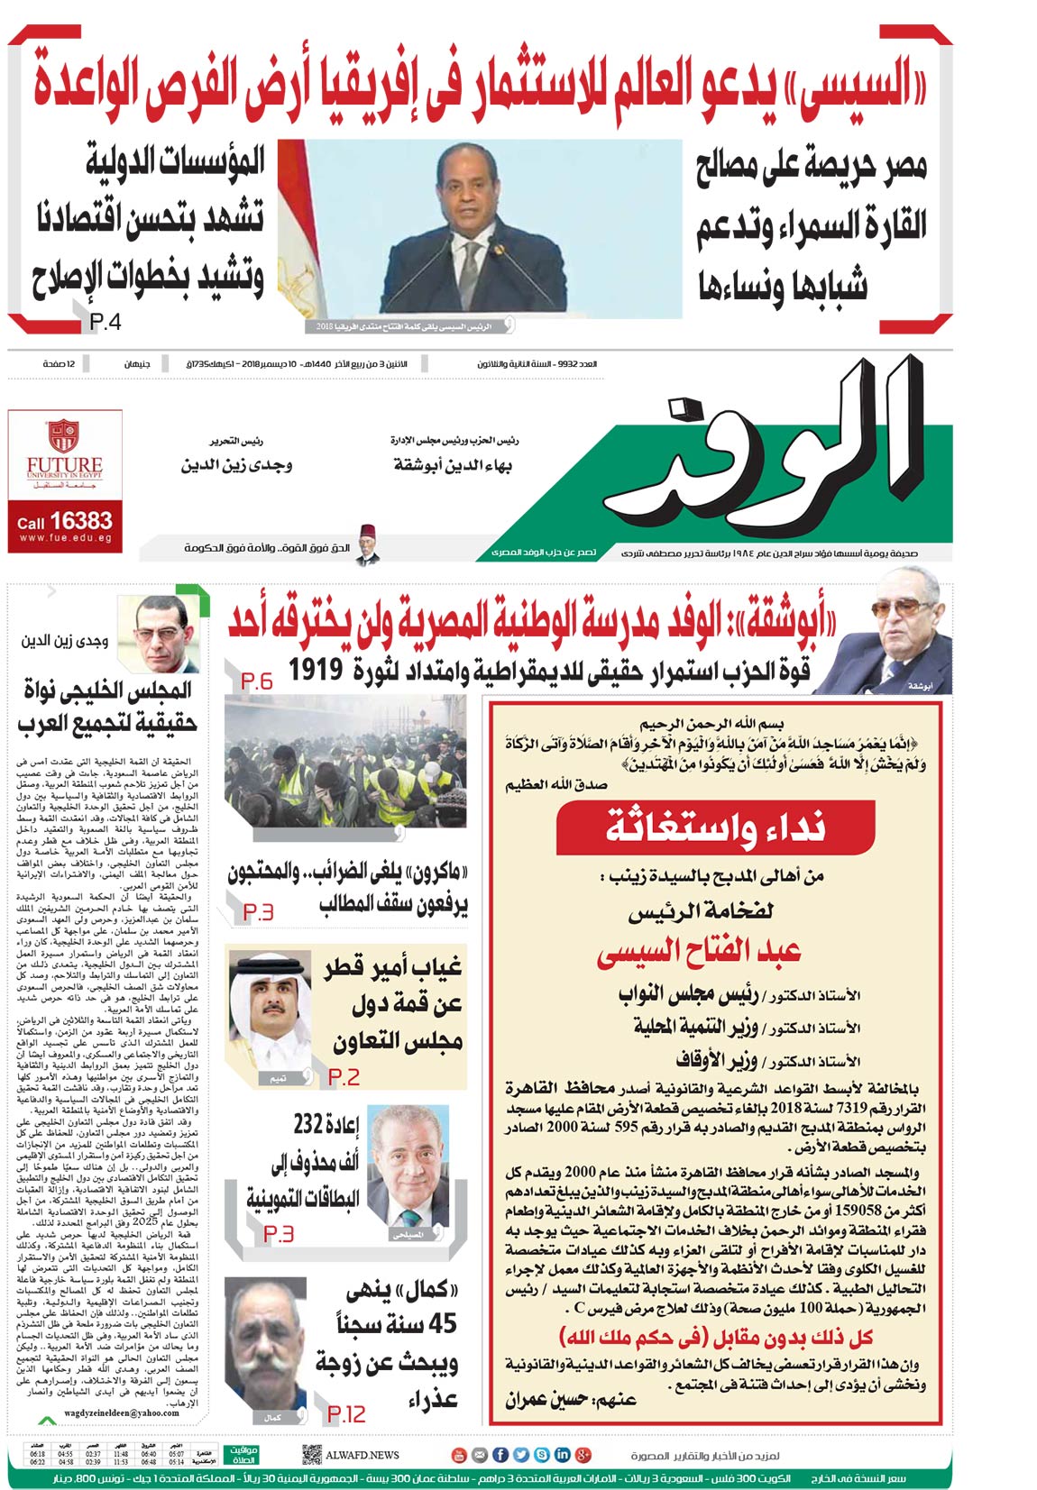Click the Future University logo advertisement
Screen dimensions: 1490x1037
pos(63,455)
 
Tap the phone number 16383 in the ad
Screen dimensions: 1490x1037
pos(81,521)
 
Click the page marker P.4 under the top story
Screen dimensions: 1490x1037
pos(106,322)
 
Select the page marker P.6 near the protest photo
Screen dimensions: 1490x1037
pos(257,681)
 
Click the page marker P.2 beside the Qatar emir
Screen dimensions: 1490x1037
pos(344,1076)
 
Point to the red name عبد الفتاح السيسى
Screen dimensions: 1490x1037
pos(698,952)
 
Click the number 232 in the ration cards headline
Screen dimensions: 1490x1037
pos(309,1125)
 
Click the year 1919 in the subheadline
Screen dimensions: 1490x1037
pos(317,670)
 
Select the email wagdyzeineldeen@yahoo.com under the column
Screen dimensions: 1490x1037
pos(122,1412)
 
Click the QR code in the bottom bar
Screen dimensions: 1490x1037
pos(312,1454)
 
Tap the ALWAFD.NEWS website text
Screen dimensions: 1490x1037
pos(362,1455)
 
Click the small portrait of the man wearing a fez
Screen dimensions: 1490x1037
pos(365,544)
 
